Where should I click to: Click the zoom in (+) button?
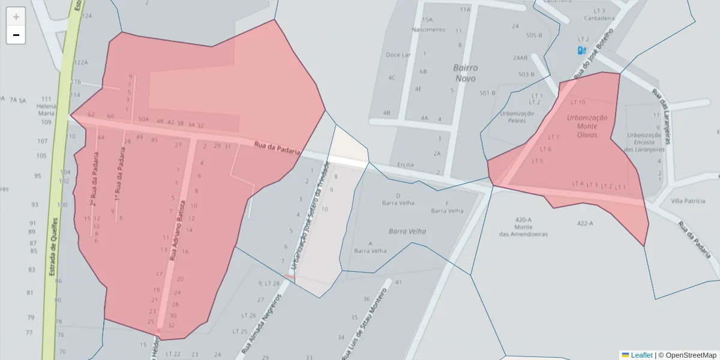[16, 17]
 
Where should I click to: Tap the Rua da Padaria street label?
[277, 148]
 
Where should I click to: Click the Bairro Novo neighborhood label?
[465, 73]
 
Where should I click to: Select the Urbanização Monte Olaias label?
[587, 126]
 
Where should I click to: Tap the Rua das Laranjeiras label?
[660, 117]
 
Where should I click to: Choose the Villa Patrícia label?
[688, 200]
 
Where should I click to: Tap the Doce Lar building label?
[398, 55]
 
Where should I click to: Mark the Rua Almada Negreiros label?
[261, 322]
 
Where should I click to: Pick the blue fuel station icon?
[581, 50]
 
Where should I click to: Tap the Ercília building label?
[406, 164]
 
